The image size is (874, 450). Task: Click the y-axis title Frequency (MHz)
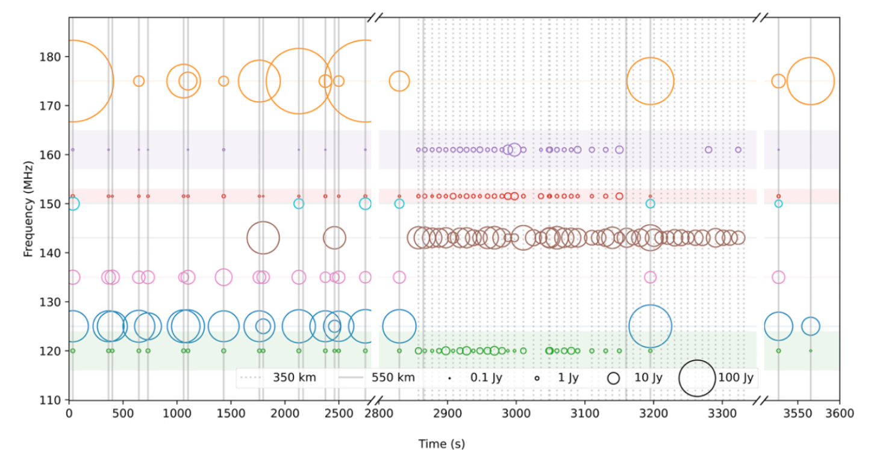pos(28,208)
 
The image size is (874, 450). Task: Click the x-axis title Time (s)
pos(442,444)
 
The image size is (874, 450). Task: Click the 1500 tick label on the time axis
pos(231,414)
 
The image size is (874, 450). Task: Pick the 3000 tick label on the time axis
pos(516,414)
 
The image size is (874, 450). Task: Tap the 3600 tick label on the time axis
pos(840,414)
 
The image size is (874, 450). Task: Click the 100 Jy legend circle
pos(697,378)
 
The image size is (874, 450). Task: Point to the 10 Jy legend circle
pos(614,378)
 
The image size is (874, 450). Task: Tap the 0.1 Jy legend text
pos(486,378)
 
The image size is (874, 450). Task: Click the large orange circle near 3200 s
pos(650,81)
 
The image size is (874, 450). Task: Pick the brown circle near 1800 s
pos(263,238)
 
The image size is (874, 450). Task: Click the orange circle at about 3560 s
pos(811,81)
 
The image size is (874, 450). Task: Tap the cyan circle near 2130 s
pos(299,204)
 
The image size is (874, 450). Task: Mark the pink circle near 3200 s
pos(650,277)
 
